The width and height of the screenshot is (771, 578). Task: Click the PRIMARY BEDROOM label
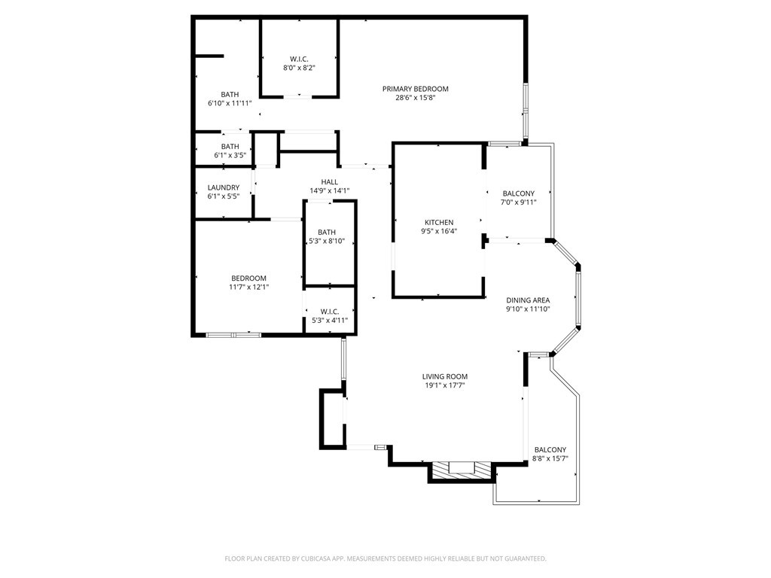[x=415, y=89]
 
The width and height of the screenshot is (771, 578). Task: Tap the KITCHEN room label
[x=439, y=223]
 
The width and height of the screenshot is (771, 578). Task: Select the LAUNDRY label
[x=224, y=188]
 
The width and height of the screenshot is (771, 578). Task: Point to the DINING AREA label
[x=528, y=300]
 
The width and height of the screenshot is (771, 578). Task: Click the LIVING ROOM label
[x=445, y=377]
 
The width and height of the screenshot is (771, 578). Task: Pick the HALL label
[x=330, y=182]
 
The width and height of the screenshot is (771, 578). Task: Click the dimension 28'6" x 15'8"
[x=416, y=98]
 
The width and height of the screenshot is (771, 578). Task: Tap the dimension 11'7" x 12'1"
[x=248, y=287]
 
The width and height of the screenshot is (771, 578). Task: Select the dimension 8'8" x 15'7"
[x=550, y=458]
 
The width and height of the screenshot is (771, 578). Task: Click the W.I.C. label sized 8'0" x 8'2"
[x=299, y=59]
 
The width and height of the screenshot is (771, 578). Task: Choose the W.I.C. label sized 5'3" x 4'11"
[x=330, y=312]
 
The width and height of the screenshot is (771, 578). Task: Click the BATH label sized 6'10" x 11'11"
[x=230, y=95]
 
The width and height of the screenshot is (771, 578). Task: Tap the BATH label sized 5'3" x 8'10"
[x=327, y=233]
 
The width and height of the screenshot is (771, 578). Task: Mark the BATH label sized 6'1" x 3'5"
[x=230, y=147]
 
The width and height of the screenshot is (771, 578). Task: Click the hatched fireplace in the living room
[x=462, y=471]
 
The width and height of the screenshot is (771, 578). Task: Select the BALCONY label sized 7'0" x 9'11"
[x=519, y=194]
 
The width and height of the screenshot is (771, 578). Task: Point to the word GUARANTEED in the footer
[x=525, y=558]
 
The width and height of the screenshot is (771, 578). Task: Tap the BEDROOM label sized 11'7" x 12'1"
[x=248, y=278]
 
